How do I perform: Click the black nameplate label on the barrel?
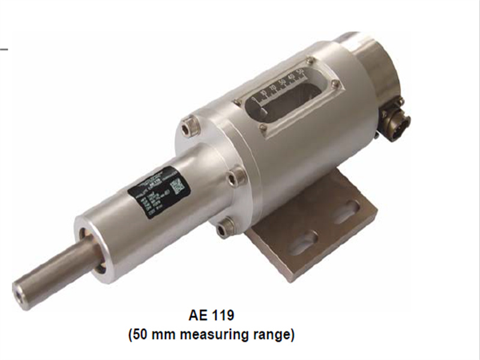point(158,191)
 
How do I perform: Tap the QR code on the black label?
point(178,185)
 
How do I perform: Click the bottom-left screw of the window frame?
point(263,127)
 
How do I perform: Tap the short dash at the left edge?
point(4,46)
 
